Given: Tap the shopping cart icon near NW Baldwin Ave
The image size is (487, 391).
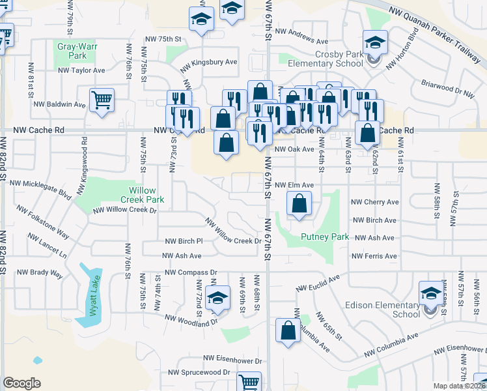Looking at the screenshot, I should point(102,100).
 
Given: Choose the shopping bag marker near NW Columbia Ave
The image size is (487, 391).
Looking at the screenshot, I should point(288,330).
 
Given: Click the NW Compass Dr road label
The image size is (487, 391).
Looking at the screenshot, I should point(191,272).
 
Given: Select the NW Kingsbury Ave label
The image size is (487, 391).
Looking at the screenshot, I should point(209,63).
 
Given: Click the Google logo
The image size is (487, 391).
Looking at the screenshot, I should point(21,383).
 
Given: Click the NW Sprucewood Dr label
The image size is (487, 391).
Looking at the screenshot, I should point(199,372).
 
